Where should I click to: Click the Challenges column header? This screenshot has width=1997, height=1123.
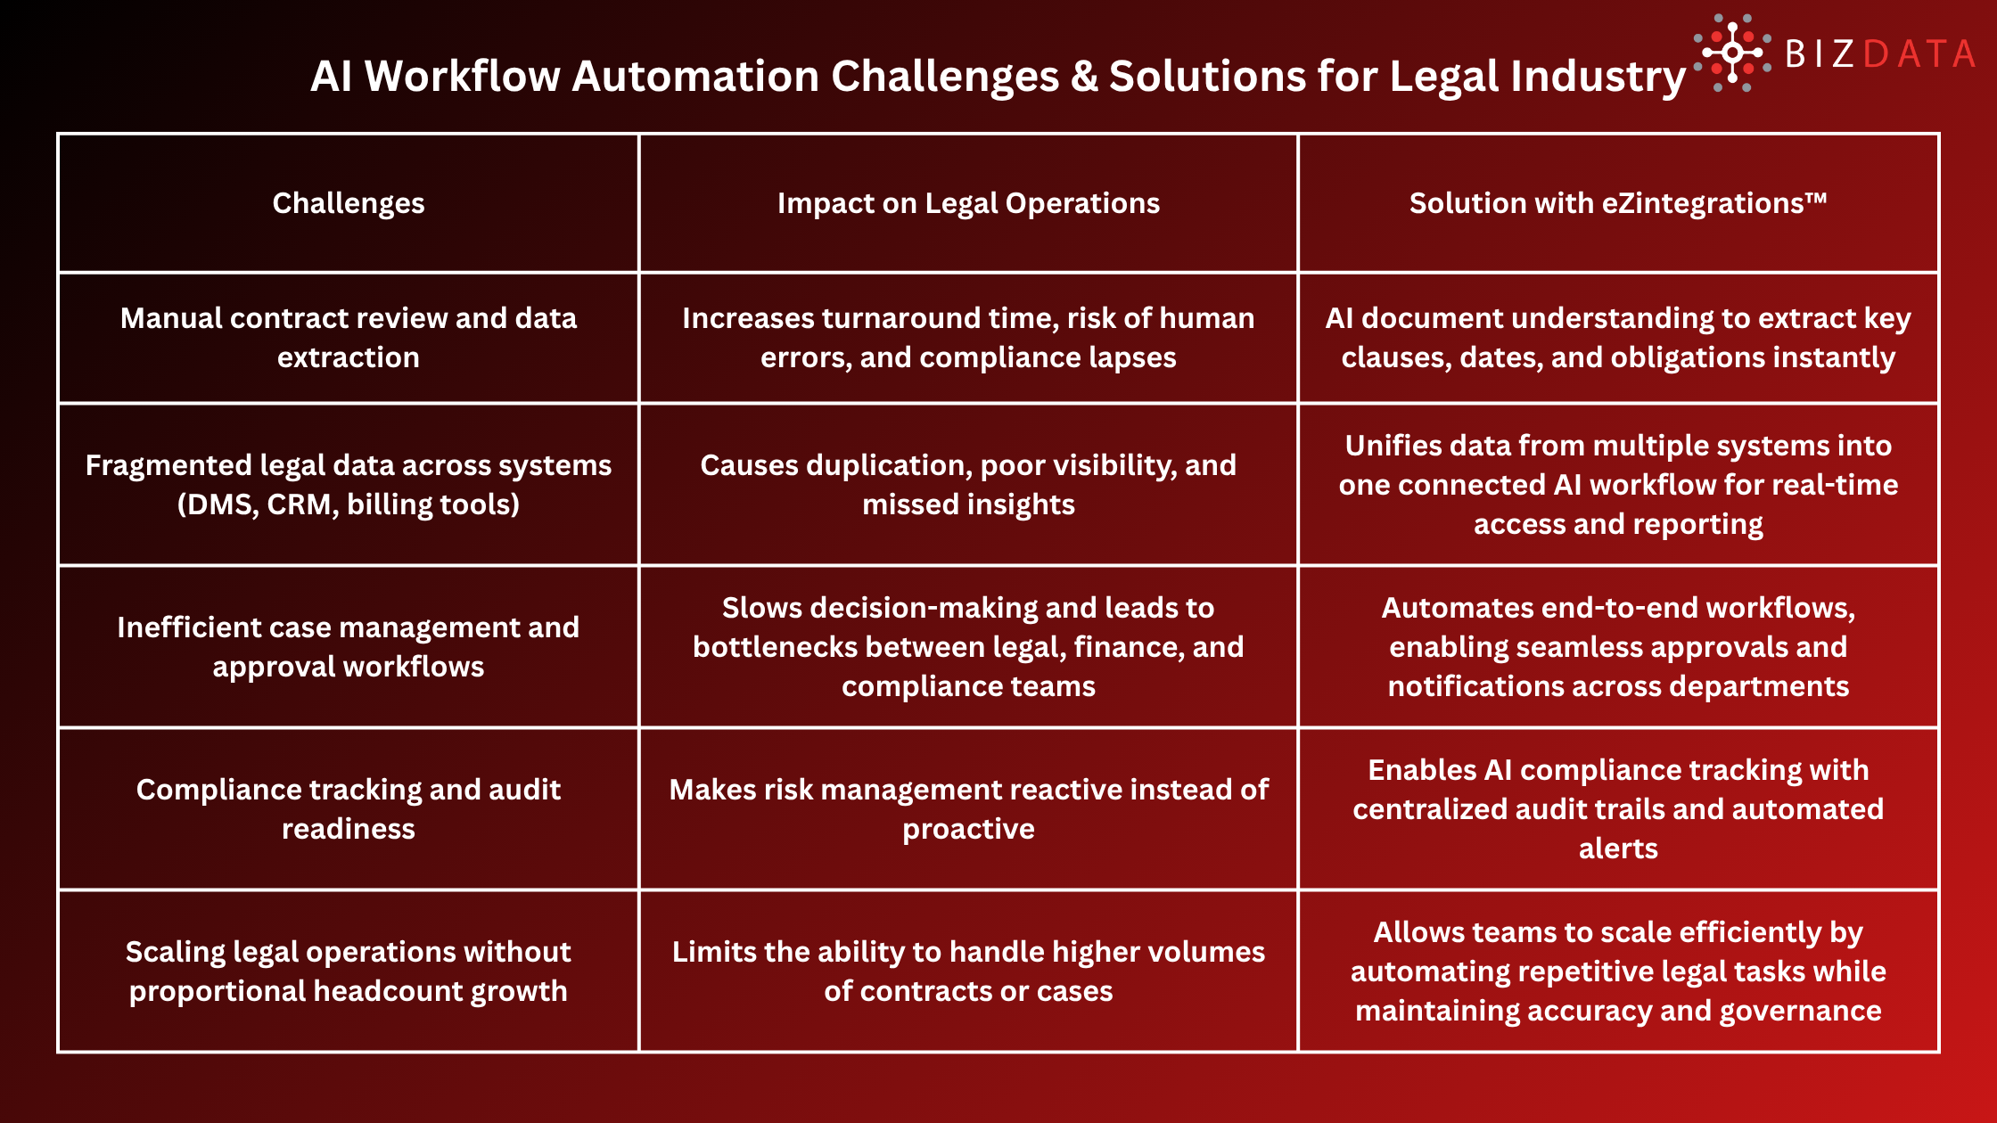tap(348, 203)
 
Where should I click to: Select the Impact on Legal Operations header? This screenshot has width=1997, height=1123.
tap(968, 203)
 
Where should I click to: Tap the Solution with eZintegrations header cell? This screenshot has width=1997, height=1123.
tap(1618, 203)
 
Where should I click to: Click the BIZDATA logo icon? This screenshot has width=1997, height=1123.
tap(1731, 53)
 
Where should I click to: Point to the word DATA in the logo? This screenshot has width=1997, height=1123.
tap(1919, 54)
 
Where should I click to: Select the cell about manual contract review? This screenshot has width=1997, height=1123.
tap(348, 338)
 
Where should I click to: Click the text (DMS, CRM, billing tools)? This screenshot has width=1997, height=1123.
tap(348, 504)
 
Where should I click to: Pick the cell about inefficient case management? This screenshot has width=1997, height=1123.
tap(348, 647)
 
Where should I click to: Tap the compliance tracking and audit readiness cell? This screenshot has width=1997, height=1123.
tap(348, 809)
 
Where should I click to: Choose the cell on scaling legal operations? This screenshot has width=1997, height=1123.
tap(348, 971)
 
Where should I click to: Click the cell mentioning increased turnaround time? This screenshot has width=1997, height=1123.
tap(968, 338)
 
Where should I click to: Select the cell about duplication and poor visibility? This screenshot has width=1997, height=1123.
tap(968, 485)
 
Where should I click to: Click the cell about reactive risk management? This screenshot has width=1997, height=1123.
tap(968, 809)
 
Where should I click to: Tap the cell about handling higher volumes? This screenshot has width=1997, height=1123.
tap(968, 971)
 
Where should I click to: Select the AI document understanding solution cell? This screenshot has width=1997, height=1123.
tap(1618, 338)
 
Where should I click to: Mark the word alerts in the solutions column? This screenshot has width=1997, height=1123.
tap(1618, 848)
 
